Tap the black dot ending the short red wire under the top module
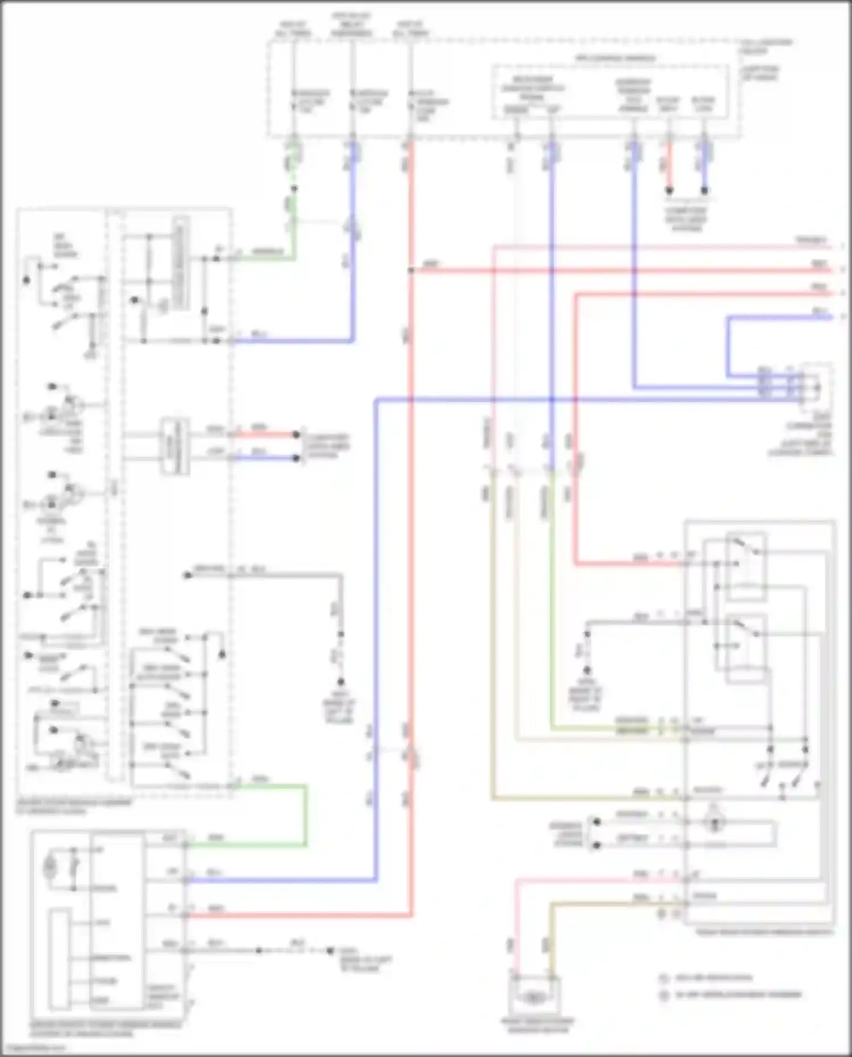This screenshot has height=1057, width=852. tap(669, 191)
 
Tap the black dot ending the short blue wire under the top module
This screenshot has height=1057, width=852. tap(704, 191)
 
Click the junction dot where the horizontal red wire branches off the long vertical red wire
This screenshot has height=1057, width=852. tap(410, 270)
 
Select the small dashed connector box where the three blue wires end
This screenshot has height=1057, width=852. tap(817, 388)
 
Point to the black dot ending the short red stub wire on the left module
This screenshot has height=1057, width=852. tap(296, 435)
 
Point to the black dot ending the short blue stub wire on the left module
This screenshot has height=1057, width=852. tap(296, 458)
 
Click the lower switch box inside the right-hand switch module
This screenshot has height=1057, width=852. tap(746, 647)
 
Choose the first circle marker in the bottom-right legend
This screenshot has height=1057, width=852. tap(663, 978)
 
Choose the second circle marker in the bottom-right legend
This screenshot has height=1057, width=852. tap(663, 995)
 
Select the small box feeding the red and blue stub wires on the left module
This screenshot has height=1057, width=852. tap(174, 446)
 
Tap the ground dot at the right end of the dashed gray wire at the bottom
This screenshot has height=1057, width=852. tap(329, 951)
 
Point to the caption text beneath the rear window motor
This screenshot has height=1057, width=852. tap(537, 1025)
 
